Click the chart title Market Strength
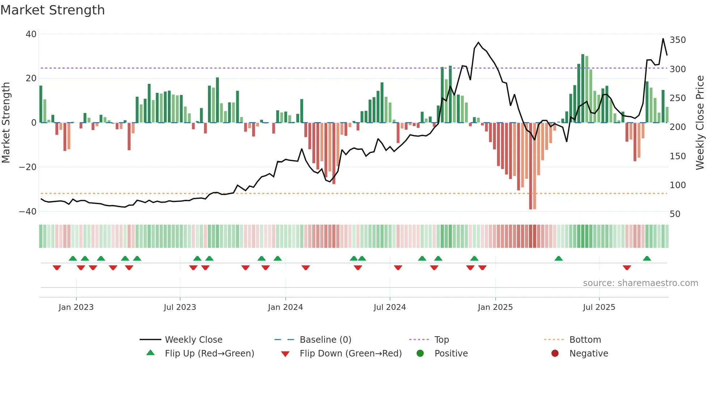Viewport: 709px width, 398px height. click(x=52, y=10)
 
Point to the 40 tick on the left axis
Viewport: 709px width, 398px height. click(x=31, y=34)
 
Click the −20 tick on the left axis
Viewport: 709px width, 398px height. click(x=28, y=167)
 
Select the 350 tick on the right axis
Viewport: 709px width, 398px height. click(x=678, y=40)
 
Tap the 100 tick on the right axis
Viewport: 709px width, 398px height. click(x=678, y=185)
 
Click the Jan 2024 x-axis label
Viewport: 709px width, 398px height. click(x=285, y=307)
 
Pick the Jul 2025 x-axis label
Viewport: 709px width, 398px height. click(x=599, y=307)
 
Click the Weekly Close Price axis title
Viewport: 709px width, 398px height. click(x=700, y=123)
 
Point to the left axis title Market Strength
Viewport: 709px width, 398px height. click(x=6, y=123)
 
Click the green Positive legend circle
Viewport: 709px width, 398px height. click(x=420, y=353)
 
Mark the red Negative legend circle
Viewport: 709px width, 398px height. click(x=555, y=353)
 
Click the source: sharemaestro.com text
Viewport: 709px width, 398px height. click(x=640, y=283)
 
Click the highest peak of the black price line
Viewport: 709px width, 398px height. click(x=663, y=39)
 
